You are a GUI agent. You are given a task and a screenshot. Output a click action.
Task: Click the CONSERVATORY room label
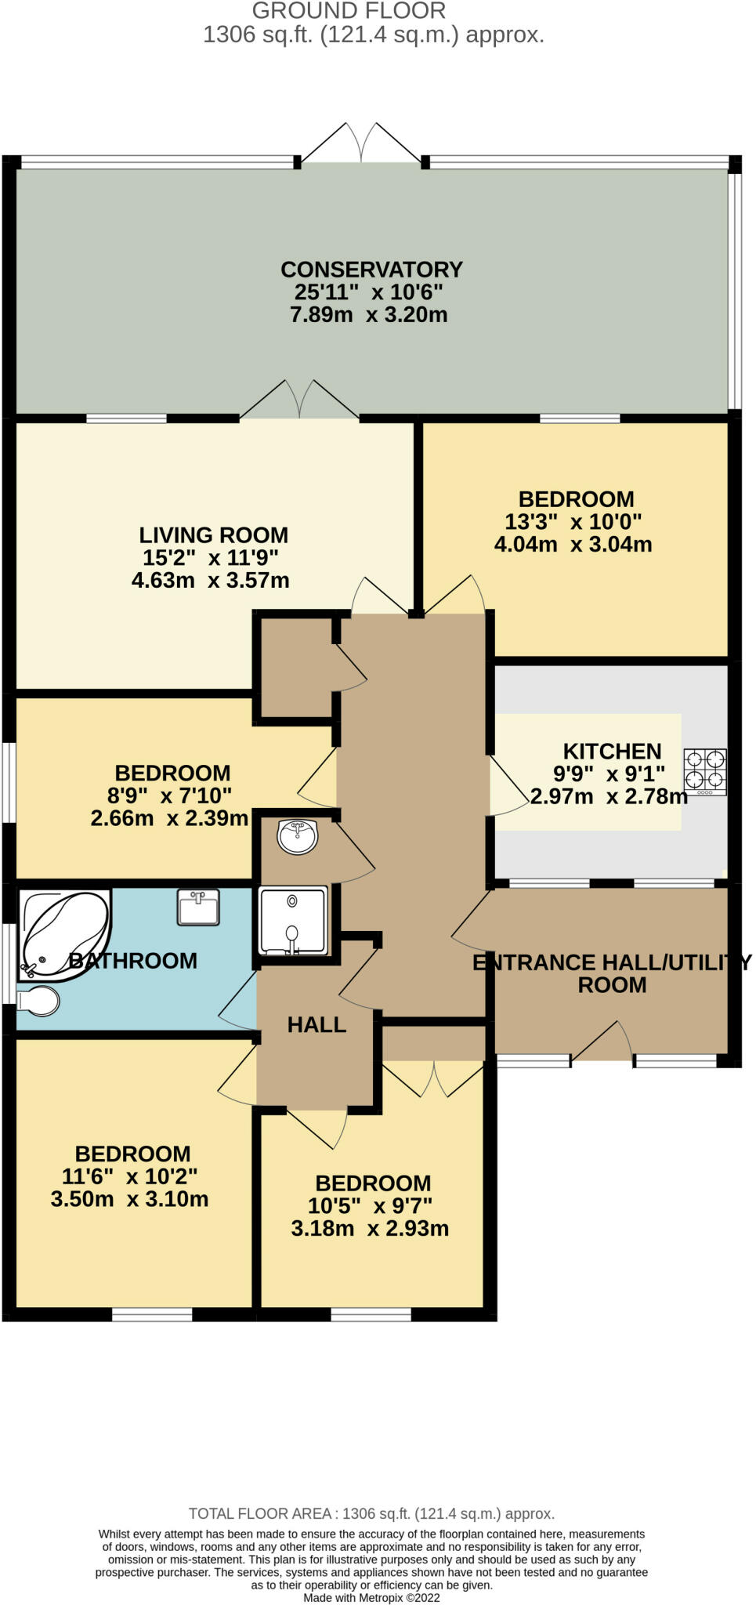pos(371,270)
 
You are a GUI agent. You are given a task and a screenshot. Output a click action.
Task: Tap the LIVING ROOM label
pos(214,535)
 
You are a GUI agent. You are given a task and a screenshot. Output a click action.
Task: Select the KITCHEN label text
pos(612,752)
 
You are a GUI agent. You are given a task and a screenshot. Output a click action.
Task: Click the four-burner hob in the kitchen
pos(705,773)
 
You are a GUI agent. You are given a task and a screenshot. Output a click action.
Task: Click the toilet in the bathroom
pos(38,1001)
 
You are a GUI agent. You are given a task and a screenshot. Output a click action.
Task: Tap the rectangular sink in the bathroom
pos(198,908)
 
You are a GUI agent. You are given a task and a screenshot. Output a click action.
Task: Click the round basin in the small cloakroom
pos(297,836)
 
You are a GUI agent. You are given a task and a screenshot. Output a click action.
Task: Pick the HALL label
pos(317,1025)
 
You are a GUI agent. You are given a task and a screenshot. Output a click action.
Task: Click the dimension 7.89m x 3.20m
pos(369,315)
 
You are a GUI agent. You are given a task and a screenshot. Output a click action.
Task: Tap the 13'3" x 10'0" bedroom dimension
pos(573,522)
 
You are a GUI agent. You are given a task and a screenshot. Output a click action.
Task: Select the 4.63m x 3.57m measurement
pos(211,581)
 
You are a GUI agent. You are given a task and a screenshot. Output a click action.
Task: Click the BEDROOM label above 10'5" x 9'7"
pos(373,1183)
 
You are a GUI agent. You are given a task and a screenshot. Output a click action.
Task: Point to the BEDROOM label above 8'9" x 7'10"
pos(172,774)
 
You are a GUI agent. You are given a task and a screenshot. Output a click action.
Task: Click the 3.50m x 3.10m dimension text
pos(130,1199)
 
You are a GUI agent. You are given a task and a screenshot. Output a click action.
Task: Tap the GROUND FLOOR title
pos(349,11)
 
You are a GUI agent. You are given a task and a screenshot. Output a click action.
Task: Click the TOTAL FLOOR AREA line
pos(372,1514)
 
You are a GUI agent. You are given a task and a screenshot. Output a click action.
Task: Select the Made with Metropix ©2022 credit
pos(372,1598)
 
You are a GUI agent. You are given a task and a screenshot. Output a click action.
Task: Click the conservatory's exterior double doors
pos(361,143)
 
